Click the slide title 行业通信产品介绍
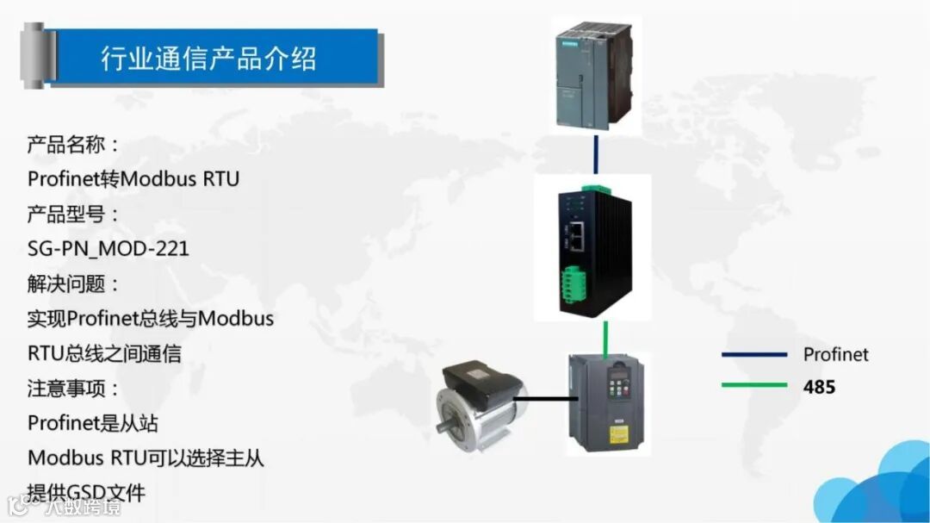tap(209, 58)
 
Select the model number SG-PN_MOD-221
tap(108, 249)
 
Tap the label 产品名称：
tap(74, 144)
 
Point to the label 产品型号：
tap(74, 214)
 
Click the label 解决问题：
tap(74, 283)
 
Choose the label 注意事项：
tap(74, 389)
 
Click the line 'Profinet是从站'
tap(93, 423)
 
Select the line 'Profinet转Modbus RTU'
tap(133, 179)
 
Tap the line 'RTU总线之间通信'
tap(104, 353)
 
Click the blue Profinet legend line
tap(754, 354)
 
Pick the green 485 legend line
tap(754, 385)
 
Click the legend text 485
tap(819, 387)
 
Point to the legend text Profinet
tap(835, 354)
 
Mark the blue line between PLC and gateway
tap(595, 153)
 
